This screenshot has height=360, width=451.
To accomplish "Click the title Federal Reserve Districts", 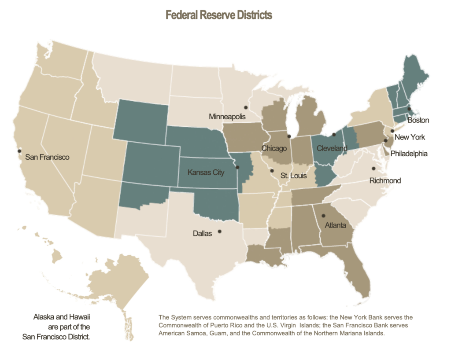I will click(x=219, y=15).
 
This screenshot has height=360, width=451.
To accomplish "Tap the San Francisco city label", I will click(x=47, y=157).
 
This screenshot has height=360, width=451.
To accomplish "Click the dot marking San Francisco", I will click(x=19, y=151).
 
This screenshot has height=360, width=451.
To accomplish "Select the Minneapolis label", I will click(x=227, y=117).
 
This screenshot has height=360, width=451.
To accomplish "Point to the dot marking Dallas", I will click(x=220, y=231).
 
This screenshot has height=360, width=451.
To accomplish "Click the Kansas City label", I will click(x=206, y=173).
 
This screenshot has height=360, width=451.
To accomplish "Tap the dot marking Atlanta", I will click(x=323, y=216).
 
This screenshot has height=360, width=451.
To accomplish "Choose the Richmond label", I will click(x=385, y=180).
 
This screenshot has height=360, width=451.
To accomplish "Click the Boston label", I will click(x=418, y=120).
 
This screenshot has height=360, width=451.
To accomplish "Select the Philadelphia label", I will click(x=409, y=154).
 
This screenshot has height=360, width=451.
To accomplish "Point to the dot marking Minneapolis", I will click(x=246, y=107).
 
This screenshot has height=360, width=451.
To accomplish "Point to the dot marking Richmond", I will click(x=374, y=168).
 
